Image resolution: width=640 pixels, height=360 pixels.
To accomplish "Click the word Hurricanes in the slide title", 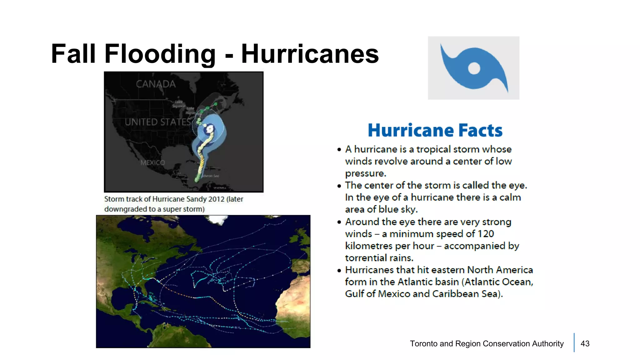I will click(310, 54).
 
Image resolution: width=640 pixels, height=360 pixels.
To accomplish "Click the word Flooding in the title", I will click(160, 54).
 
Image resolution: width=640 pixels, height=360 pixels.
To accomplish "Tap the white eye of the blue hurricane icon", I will click(474, 68).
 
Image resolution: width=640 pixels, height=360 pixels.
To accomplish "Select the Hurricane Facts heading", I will click(435, 130).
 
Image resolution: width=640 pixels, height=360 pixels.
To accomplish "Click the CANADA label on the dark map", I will click(156, 84).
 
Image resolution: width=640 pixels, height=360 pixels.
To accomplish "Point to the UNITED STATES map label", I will click(157, 122).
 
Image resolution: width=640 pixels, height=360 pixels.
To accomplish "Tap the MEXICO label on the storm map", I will click(152, 162).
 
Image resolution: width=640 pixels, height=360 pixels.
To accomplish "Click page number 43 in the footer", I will click(585, 344).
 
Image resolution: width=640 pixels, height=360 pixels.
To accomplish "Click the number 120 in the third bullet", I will click(486, 234).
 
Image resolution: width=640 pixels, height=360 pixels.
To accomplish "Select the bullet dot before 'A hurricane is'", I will click(339, 150).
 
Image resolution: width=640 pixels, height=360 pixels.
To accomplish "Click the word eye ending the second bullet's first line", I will click(517, 186).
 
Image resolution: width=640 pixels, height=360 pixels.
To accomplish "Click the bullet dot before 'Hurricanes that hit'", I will click(339, 270).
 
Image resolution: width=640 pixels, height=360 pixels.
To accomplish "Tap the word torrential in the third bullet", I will click(361, 258).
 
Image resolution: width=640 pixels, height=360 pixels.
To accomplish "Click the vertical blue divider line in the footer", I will click(574, 342).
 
